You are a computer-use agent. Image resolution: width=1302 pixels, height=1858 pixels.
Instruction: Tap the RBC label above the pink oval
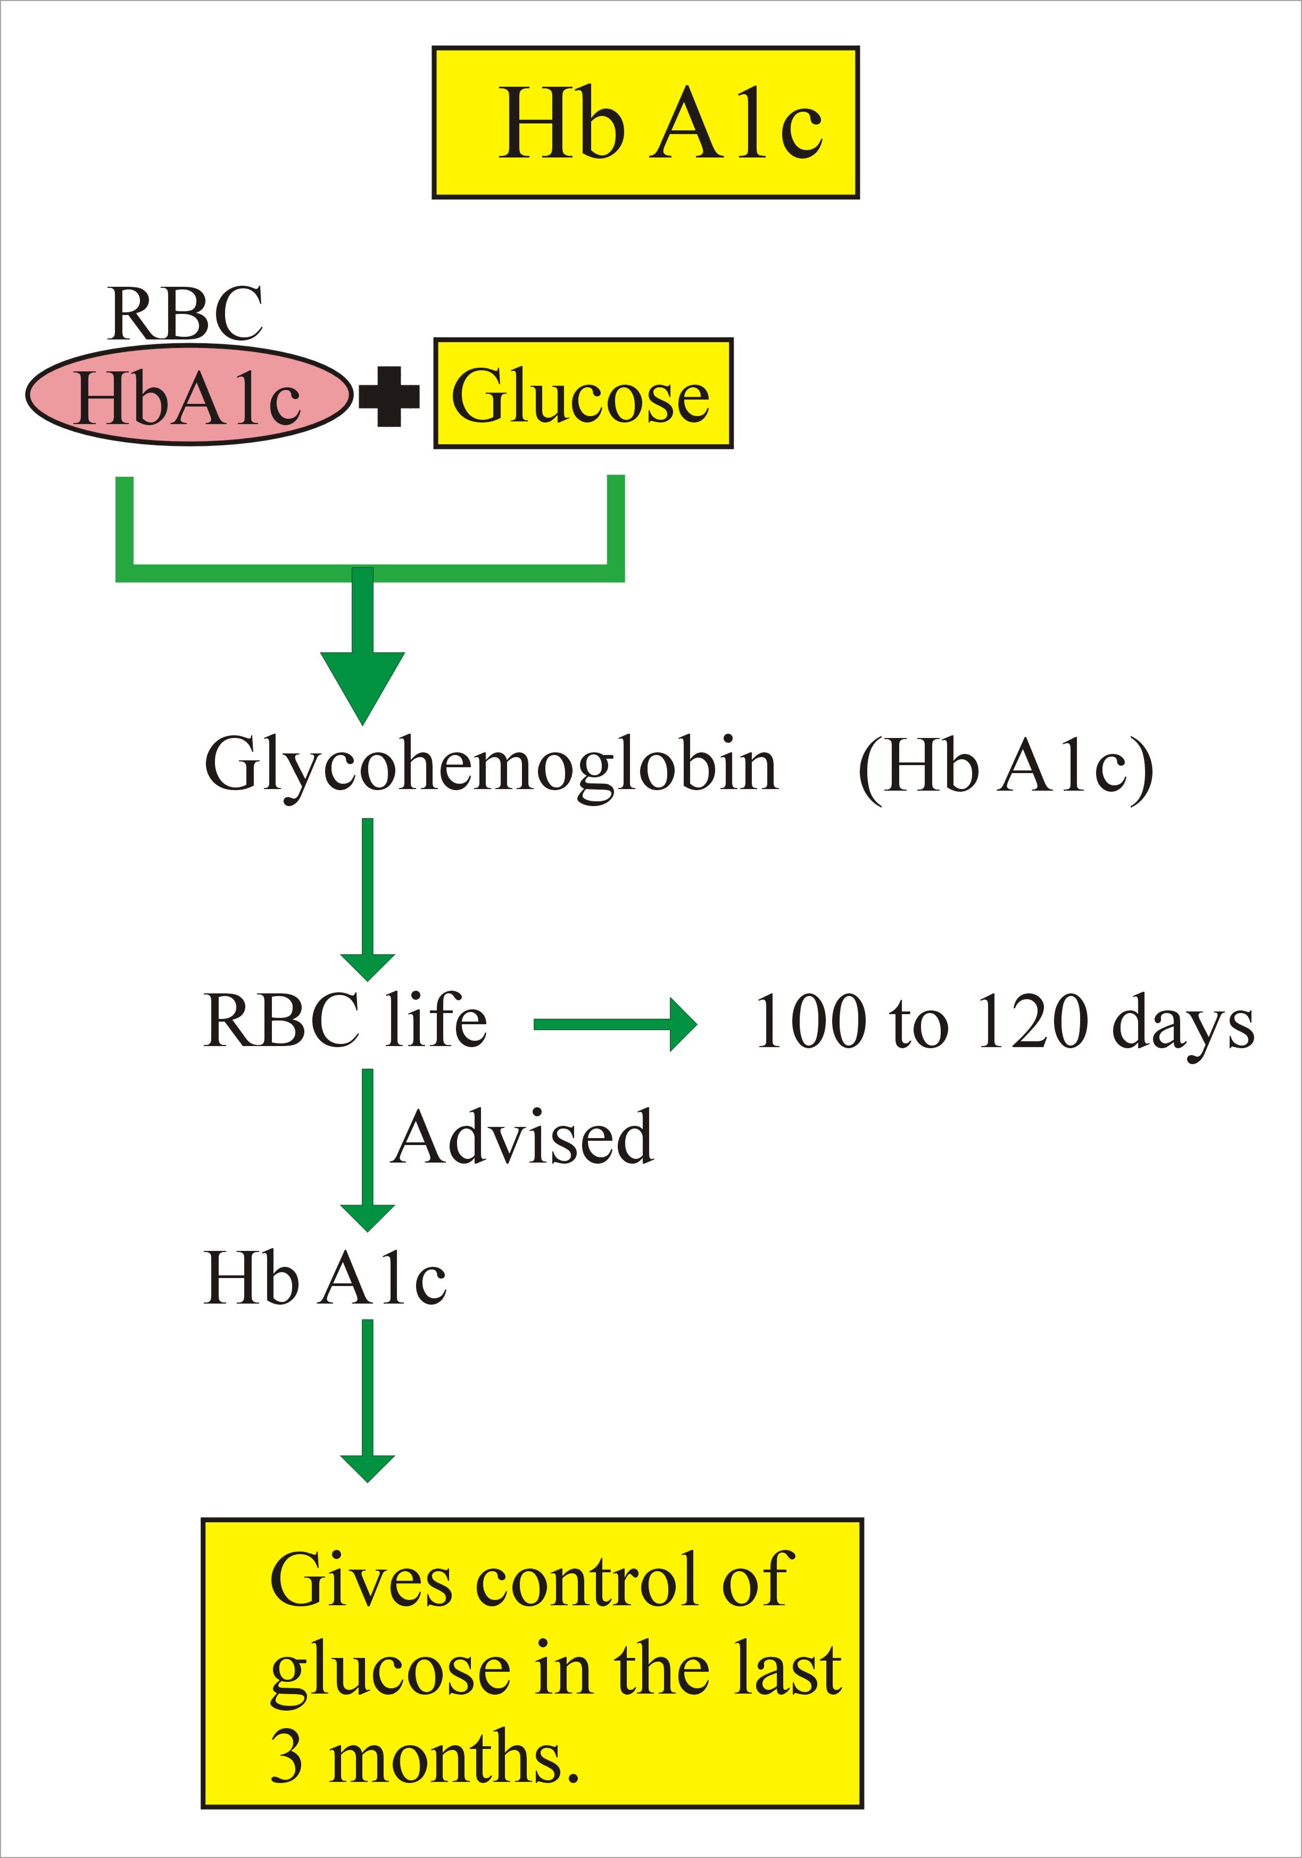click(185, 313)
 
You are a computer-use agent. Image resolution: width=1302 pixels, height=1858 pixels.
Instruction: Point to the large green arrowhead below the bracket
click(362, 684)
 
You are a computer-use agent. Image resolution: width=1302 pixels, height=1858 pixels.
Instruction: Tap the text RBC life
click(345, 1021)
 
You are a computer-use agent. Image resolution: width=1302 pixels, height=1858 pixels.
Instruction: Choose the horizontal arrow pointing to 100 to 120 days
click(615, 1024)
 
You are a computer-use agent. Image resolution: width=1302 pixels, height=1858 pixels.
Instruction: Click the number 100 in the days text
click(809, 1022)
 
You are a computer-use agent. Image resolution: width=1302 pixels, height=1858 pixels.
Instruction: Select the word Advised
click(523, 1138)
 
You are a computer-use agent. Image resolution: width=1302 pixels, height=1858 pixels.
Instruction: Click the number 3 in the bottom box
click(286, 1757)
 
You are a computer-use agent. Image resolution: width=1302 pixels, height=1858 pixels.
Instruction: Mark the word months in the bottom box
click(455, 1757)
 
